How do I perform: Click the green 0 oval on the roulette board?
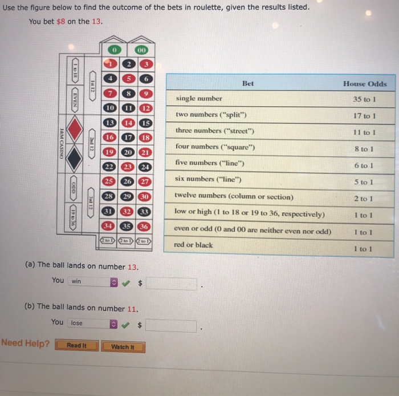114,50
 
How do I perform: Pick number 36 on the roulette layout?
145,226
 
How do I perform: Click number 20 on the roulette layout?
128,152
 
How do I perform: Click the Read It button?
76,346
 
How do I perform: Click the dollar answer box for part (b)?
171,325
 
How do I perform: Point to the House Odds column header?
365,84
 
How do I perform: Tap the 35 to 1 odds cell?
365,99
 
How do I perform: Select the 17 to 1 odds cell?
365,116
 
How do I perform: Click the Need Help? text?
26,344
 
